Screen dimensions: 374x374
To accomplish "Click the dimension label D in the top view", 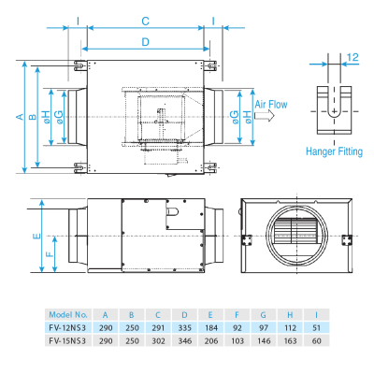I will (145, 42).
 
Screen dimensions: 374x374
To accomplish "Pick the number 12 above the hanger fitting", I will (352, 58).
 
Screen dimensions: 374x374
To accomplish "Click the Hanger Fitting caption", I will (333, 151).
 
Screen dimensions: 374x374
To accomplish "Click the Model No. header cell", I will (67, 314).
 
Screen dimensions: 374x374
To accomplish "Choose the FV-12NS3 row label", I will (67, 327).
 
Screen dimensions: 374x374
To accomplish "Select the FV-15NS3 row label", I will (67, 340).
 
